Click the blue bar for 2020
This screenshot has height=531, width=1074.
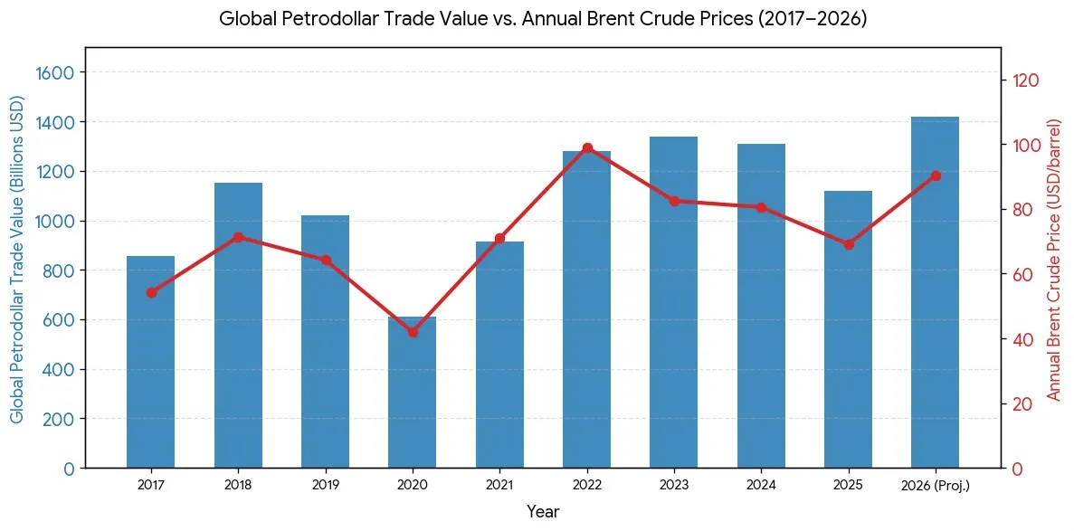tap(413, 393)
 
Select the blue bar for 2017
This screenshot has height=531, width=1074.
tap(151, 362)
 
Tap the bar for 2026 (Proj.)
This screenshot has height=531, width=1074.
tap(935, 292)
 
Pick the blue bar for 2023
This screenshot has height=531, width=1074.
tap(673, 302)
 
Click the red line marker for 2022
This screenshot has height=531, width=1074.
tap(587, 148)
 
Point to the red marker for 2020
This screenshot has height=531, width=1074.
tap(413, 332)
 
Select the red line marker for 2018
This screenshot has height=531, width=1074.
tap(238, 238)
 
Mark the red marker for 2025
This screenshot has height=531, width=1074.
tap(848, 244)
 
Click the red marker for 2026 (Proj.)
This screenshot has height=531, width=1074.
tap(935, 176)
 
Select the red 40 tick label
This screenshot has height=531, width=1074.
tap(1022, 339)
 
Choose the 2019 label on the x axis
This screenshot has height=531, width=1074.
tap(326, 486)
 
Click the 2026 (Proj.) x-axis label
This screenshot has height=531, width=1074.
tap(935, 487)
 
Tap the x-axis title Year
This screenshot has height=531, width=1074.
tap(543, 511)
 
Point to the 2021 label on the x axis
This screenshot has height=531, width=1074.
tap(499, 486)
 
